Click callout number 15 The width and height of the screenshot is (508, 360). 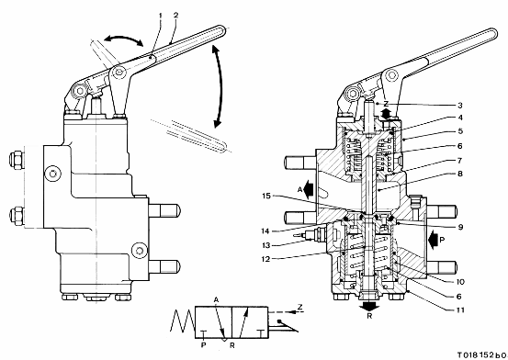click(266, 196)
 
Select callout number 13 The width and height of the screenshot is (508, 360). click(265, 245)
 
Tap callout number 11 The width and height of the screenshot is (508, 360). click(460, 310)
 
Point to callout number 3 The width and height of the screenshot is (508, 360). click(460, 106)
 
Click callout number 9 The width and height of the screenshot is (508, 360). click(460, 227)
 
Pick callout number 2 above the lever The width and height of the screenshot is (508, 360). click(176, 15)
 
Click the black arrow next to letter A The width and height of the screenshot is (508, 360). click(309, 188)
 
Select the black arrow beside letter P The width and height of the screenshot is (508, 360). click(432, 240)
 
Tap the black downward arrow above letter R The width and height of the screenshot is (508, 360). click(369, 305)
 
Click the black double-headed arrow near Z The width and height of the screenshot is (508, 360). click(386, 114)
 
